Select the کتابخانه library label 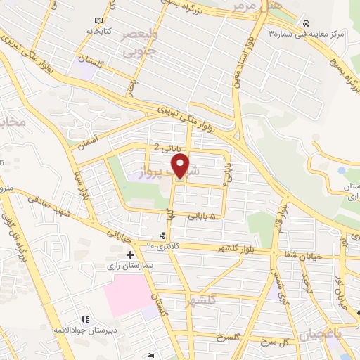pos(99,32)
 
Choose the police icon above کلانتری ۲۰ pos(163,236)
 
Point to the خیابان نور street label pos(342,294)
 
